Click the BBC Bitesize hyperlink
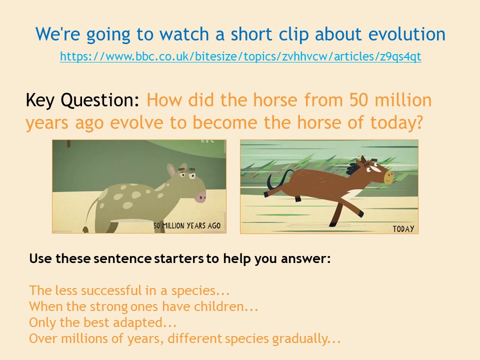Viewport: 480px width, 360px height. tap(240, 56)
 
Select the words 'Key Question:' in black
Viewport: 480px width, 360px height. tap(82, 100)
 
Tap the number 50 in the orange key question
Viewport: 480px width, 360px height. tap(358, 100)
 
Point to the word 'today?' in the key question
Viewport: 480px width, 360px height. tap(396, 123)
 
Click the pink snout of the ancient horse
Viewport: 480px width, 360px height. tap(201, 196)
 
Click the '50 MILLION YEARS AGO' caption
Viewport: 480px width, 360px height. tap(186, 225)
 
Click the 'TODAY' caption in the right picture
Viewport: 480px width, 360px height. tap(403, 228)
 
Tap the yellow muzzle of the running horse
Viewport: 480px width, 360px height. tap(389, 177)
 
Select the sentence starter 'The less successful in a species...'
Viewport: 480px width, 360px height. tap(129, 290)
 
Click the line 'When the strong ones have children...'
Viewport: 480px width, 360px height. tap(143, 306)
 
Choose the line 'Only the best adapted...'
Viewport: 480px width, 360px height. tap(103, 322)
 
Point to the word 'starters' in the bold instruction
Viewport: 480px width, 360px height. tap(179, 258)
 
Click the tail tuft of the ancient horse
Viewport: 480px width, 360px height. tap(85, 229)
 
